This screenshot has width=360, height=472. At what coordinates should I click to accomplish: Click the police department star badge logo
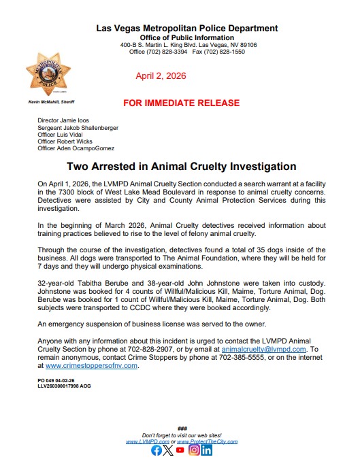tap(47, 73)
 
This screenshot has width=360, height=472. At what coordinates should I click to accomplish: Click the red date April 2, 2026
tap(160, 76)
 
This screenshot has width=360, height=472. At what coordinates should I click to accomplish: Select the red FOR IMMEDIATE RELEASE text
tap(181, 103)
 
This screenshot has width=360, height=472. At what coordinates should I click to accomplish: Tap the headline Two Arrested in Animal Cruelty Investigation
tap(182, 167)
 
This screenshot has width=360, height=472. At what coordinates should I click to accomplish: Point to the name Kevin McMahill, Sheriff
tap(50, 101)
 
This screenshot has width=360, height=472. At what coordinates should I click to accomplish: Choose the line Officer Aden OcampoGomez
tap(76, 148)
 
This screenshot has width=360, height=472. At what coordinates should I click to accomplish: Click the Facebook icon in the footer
tap(156, 450)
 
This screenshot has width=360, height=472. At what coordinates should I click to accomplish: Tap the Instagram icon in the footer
tap(194, 450)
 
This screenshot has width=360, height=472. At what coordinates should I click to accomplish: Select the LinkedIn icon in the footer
tap(206, 450)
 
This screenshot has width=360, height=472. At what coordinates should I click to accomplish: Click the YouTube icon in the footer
tap(180, 450)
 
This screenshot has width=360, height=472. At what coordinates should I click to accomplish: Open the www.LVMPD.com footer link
tap(147, 441)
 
